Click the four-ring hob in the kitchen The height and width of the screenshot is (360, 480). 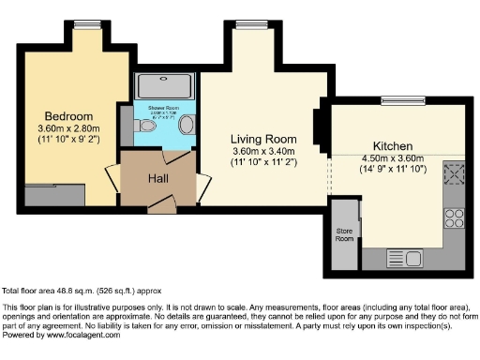455,218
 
